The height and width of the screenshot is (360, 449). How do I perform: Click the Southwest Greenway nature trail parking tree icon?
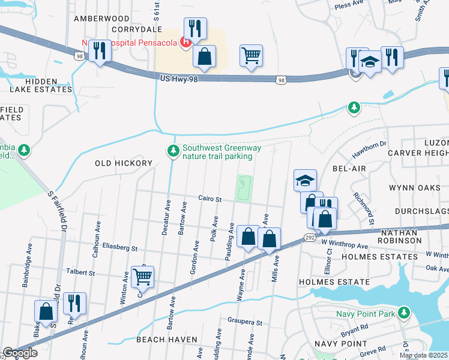pyautogui.click(x=173, y=151)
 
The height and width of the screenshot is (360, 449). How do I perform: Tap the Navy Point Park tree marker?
pyautogui.click(x=405, y=313)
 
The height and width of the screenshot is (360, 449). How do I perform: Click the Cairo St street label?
pyautogui.click(x=211, y=199)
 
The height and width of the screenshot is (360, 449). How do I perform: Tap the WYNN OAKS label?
pyautogui.click(x=418, y=188)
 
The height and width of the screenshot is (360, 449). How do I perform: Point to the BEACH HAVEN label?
pyautogui.click(x=167, y=340)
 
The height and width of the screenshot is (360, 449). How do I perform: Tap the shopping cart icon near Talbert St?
pyautogui.click(x=143, y=277)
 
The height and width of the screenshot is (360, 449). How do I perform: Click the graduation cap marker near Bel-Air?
pyautogui.click(x=305, y=179)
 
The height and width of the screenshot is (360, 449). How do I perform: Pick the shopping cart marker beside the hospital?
pyautogui.click(x=251, y=56)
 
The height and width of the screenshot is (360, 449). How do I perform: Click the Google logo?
pyautogui.click(x=20, y=353)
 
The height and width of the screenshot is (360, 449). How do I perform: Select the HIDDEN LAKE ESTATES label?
pyautogui.click(x=41, y=85)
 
